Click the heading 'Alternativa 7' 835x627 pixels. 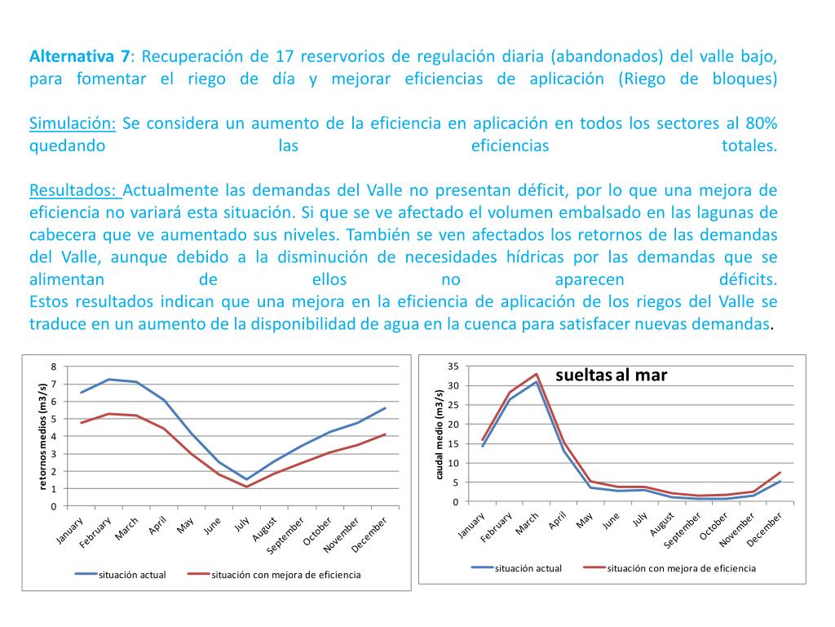point(79,57)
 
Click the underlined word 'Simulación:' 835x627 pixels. point(73,124)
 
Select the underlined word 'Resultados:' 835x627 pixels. point(75,191)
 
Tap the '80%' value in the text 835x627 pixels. point(761,124)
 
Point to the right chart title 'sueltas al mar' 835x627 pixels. point(611,376)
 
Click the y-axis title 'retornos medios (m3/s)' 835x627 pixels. point(43,435)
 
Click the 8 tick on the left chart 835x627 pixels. point(54,367)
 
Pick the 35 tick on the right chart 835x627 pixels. point(453,366)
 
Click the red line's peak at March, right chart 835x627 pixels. point(537,375)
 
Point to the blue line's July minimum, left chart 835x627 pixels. point(246,479)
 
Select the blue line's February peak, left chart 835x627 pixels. point(108,380)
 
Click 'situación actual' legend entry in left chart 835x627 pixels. point(131,575)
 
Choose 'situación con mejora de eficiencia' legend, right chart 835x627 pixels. point(681,568)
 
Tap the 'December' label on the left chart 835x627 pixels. point(374,535)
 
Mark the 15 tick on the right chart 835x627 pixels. point(453,443)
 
